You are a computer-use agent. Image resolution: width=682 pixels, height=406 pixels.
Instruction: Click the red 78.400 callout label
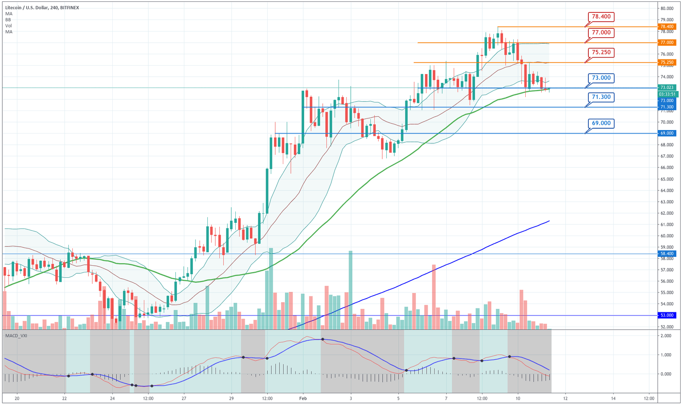601,16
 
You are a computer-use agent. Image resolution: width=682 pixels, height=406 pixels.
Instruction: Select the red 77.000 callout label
601,32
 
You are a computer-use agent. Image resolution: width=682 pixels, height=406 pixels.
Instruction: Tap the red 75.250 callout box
601,52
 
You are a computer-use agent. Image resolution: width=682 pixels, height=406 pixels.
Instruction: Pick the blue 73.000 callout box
601,78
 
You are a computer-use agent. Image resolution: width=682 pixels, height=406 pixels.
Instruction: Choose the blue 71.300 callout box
601,97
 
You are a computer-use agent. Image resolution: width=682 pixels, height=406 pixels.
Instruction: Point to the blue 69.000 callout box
601,123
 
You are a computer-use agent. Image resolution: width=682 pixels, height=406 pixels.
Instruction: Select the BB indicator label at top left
8,20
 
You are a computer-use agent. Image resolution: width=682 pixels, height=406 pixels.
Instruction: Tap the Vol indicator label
8,26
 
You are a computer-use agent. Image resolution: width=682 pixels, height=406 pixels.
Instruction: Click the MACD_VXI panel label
16,335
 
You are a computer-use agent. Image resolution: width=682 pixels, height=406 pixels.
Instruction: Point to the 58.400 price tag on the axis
667,254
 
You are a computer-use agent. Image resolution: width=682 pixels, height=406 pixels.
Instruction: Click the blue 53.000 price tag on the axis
667,315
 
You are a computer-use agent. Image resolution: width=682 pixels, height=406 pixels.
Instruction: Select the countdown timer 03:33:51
667,94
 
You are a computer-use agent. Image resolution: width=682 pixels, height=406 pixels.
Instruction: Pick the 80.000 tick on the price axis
667,8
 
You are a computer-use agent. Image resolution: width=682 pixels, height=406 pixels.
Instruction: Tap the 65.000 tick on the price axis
667,179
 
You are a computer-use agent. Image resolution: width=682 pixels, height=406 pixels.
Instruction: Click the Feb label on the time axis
303,398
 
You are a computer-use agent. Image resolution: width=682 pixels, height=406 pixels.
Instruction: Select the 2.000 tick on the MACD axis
666,336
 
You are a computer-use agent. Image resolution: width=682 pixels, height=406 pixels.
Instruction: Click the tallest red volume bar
434,296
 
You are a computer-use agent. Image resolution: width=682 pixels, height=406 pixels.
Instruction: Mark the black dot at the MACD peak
323,339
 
